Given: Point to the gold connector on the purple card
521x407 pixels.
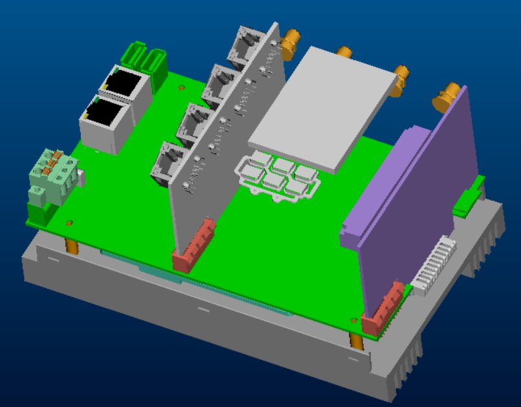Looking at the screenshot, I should click(x=449, y=96).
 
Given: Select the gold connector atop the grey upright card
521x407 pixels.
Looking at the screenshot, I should click(x=290, y=40).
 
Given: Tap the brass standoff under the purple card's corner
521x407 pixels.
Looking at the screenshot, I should click(x=356, y=340).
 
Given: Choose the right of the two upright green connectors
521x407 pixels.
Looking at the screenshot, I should click(x=155, y=62).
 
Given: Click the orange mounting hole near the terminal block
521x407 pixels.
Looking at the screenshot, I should click(x=69, y=222).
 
